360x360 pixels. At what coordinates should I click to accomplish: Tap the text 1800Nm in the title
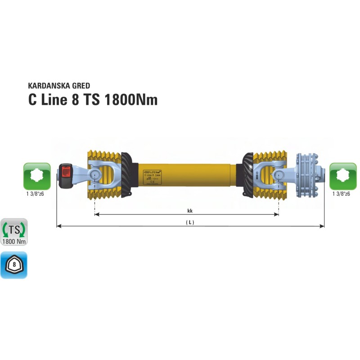point(131,99)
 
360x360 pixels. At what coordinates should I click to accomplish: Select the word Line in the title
point(53,99)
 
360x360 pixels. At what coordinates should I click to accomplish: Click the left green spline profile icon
point(37,176)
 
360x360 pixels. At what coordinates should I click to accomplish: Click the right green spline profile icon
point(343,176)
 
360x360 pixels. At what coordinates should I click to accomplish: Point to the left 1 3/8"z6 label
point(37,194)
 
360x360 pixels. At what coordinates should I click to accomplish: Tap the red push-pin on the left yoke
point(66,171)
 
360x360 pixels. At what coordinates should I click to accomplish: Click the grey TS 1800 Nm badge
point(14,232)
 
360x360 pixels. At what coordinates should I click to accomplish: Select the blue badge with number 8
point(14,265)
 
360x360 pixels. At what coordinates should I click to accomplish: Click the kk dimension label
point(190,210)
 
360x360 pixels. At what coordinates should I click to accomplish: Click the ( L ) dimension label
point(190,222)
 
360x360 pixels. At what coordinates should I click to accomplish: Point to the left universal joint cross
point(95,174)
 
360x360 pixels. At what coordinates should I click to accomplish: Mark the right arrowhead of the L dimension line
point(322,226)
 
